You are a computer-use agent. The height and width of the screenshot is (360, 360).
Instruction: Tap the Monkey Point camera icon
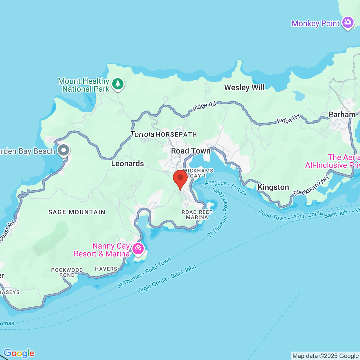pyautogui.click(x=348, y=22)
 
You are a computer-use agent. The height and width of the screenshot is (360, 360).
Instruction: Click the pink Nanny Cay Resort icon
pyautogui.click(x=138, y=249)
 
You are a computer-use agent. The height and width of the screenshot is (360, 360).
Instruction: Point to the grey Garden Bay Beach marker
pyautogui.click(x=64, y=150)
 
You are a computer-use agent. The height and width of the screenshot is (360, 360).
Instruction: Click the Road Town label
pyautogui.click(x=191, y=151)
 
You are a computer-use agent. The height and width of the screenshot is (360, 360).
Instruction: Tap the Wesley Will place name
pyautogui.click(x=244, y=88)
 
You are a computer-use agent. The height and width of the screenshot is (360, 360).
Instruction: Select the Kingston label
pyautogui.click(x=273, y=187)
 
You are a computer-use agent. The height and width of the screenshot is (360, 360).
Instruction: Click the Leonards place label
pyautogui.click(x=127, y=164)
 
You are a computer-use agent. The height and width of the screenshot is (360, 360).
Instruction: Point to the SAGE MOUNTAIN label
pyautogui.click(x=77, y=212)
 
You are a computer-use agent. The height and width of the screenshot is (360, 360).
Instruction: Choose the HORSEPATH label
pyautogui.click(x=176, y=135)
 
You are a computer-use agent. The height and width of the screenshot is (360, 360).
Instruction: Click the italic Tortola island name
pyautogui.click(x=142, y=134)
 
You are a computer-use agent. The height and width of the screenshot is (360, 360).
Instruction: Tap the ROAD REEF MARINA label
pyautogui.click(x=197, y=215)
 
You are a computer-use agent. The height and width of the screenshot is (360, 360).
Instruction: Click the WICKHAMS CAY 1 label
pyautogui.click(x=198, y=173)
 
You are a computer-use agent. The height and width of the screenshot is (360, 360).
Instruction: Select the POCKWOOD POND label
pyautogui.click(x=67, y=273)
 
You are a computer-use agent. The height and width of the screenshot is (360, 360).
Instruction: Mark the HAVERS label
pyautogui.click(x=106, y=269)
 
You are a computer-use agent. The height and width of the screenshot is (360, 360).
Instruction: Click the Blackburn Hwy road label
pyautogui.click(x=311, y=186)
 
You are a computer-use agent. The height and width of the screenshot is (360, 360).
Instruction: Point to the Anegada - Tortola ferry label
pyautogui.click(x=226, y=188)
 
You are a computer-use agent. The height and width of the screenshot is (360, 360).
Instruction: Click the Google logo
pyautogui.click(x=19, y=353)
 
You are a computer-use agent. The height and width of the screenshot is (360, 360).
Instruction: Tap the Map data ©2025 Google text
pyautogui.click(x=325, y=356)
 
